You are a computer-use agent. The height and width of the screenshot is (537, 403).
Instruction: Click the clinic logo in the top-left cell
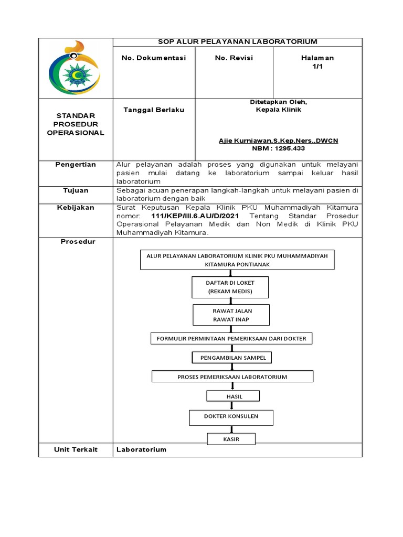76,68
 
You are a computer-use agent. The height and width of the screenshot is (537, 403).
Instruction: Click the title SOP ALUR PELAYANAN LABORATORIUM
238,42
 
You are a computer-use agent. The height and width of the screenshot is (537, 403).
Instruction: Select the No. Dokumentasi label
154,58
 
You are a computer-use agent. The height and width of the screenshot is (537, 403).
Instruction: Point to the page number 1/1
317,66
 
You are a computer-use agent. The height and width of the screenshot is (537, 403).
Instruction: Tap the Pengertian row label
76,165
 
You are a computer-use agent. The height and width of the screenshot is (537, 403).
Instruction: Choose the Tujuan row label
76,191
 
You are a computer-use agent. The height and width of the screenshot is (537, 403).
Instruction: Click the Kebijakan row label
76,208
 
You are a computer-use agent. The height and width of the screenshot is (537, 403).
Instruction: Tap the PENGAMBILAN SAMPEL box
232,358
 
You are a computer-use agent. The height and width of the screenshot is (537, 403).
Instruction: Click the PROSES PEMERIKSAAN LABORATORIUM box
232,377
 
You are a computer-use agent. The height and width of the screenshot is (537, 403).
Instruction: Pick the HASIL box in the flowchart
234,396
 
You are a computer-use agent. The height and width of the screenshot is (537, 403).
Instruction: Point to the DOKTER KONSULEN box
231,417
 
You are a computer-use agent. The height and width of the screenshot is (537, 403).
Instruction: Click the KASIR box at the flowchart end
231,439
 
